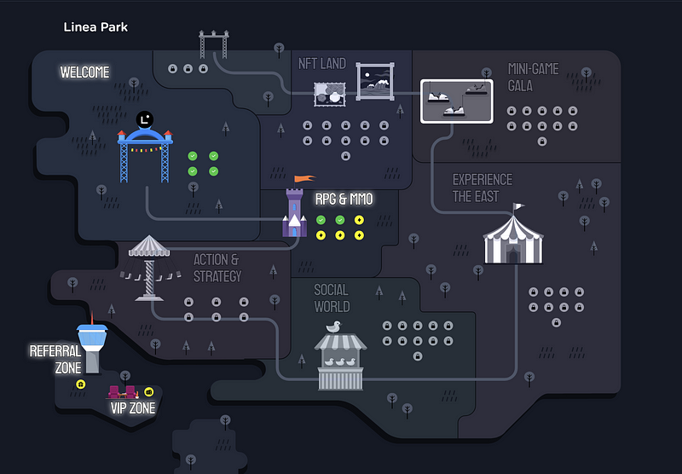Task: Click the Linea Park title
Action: [95, 27]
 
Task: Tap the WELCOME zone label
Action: [84, 72]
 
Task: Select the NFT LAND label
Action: [322, 64]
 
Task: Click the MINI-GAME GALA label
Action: [534, 78]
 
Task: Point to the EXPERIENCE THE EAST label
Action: [483, 188]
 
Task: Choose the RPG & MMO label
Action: [344, 199]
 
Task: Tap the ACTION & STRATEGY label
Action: [217, 268]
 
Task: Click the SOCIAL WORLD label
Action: [332, 298]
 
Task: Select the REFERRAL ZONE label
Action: [55, 360]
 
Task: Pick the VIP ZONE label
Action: [133, 408]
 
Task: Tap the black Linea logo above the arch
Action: [144, 119]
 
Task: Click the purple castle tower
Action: [294, 212]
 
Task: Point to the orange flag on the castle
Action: [304, 178]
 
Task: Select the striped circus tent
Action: [513, 238]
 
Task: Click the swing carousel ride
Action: [149, 268]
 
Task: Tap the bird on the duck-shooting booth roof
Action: [333, 327]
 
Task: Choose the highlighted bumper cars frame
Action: [457, 101]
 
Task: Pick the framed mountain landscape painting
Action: [375, 81]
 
